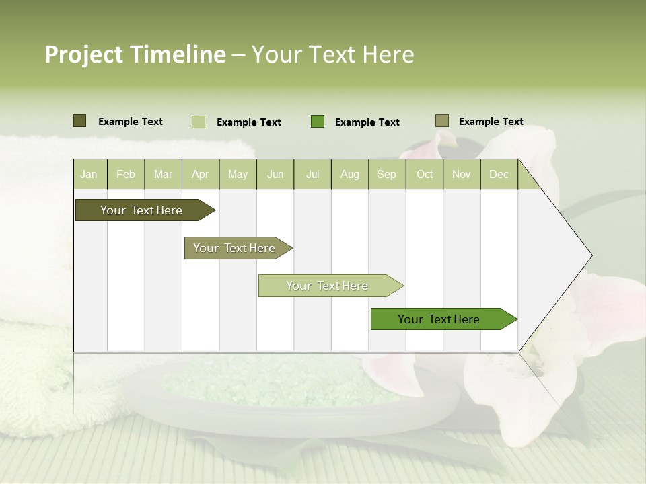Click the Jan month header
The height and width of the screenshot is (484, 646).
89,174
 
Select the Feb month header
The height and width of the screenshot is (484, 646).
126,174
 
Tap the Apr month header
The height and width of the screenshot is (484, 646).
201,174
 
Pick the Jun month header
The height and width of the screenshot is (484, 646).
275,174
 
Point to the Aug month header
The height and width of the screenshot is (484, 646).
350,174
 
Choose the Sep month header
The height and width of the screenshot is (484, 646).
387,174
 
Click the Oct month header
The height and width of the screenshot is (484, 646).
425,174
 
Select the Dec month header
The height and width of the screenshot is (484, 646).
499,174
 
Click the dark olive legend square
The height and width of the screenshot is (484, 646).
80,121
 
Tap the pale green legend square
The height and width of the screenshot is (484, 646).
199,122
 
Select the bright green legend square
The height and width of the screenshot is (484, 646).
318,122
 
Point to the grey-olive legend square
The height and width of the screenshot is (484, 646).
442,121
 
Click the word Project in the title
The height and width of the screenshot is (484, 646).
83,54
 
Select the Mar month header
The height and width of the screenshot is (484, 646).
164,174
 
